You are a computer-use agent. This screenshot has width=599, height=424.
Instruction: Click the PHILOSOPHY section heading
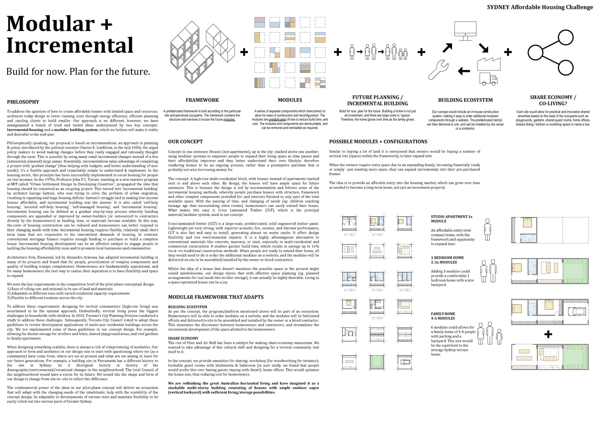click(23, 102)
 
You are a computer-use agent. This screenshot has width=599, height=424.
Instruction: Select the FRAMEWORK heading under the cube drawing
click(202, 100)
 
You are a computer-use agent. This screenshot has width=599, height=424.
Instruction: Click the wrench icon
click(438, 70)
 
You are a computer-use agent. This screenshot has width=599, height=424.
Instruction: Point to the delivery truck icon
click(488, 79)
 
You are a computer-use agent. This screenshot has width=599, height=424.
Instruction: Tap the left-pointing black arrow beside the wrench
click(464, 71)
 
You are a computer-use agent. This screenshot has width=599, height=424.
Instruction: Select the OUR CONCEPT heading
click(185, 141)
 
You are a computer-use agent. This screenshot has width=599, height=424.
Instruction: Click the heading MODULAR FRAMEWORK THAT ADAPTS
click(216, 297)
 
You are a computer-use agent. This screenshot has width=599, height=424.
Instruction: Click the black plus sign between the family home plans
click(548, 334)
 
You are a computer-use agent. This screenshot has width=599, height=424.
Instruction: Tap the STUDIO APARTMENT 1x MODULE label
click(452, 219)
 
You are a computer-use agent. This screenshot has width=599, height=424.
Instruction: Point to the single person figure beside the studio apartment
click(487, 230)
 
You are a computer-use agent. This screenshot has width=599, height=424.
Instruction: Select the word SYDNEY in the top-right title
click(498, 7)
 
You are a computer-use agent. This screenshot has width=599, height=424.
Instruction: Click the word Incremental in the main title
click(70, 45)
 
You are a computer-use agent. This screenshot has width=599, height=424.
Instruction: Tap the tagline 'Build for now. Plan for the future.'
click(78, 71)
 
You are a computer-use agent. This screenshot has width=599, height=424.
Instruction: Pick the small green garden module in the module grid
click(377, 362)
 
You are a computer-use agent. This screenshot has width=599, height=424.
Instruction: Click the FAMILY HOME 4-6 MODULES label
click(443, 316)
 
